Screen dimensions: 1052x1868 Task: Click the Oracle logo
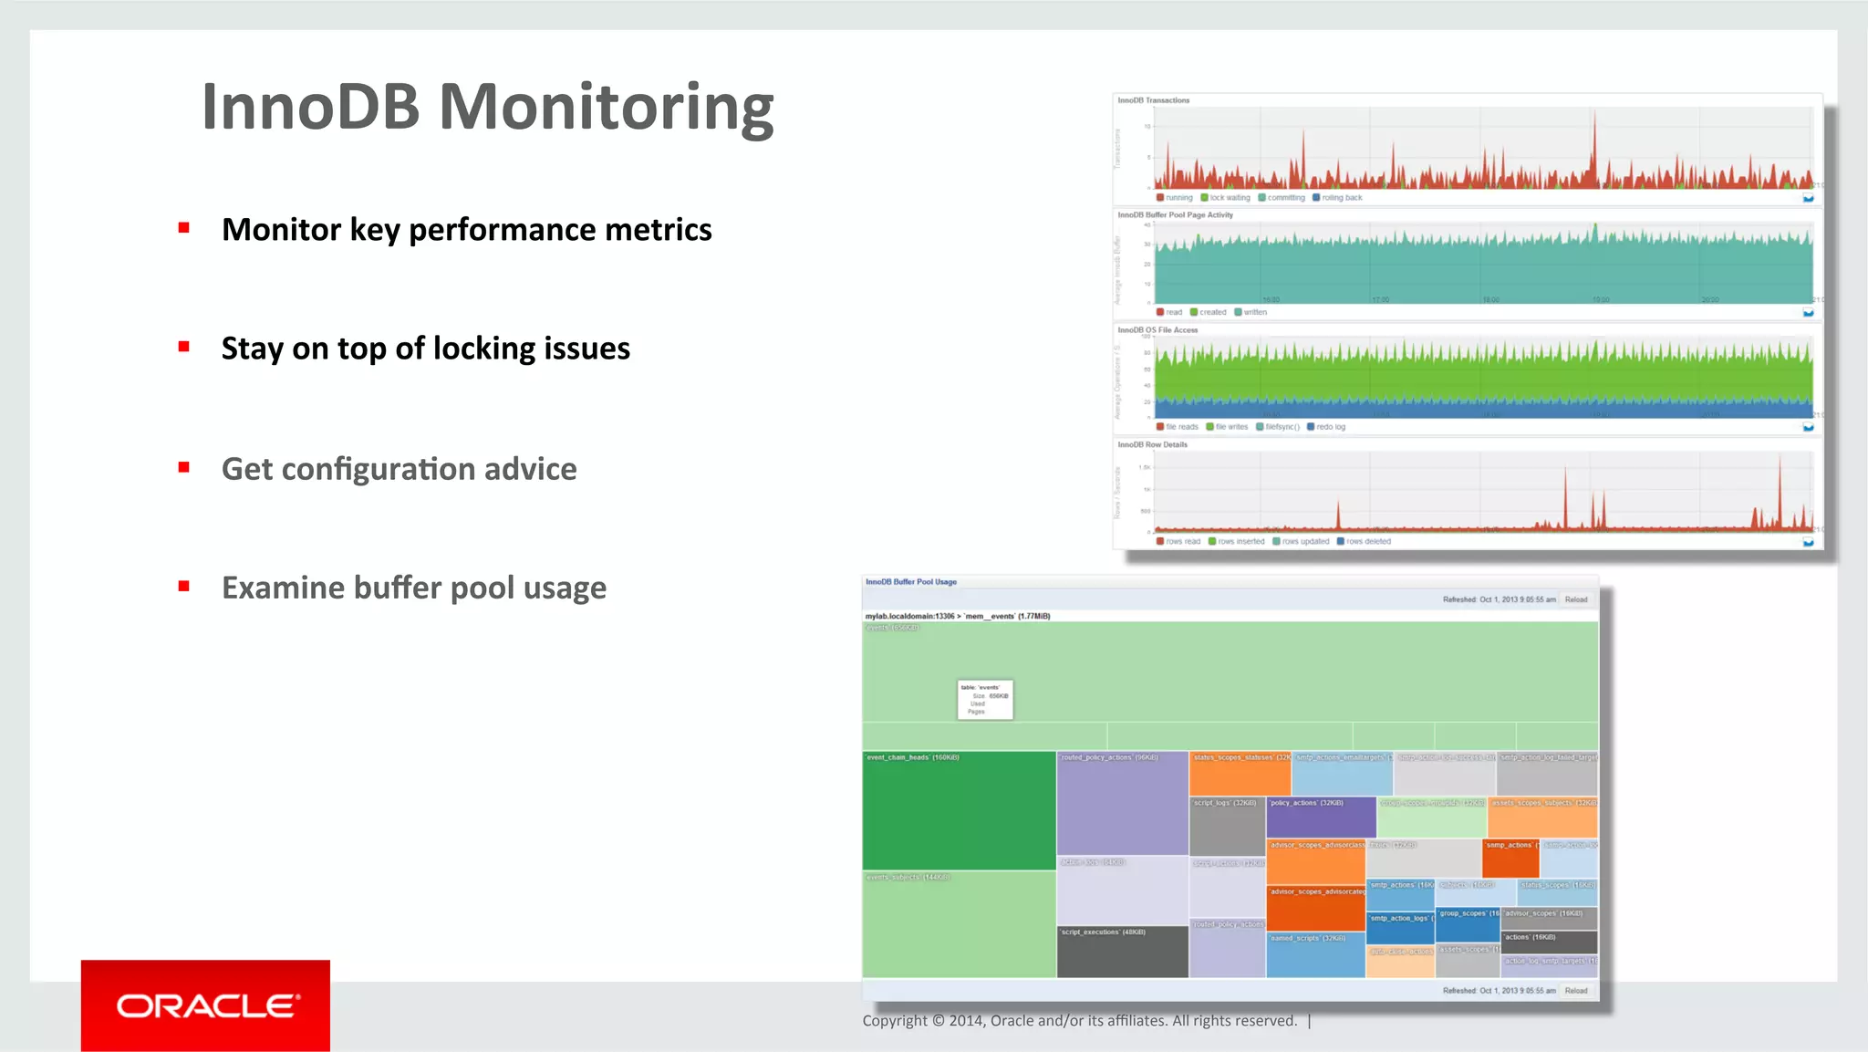click(205, 1005)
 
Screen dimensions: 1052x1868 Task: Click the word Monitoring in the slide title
click(607, 108)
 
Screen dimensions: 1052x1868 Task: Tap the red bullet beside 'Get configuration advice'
click(184, 467)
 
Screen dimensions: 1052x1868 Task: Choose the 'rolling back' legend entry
click(1341, 198)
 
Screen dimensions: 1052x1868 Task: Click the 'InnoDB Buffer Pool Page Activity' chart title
click(1175, 215)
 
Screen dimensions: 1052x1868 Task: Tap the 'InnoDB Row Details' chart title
click(1153, 445)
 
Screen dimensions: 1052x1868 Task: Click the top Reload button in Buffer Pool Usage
click(1576, 600)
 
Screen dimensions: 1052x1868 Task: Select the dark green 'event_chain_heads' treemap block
click(959, 812)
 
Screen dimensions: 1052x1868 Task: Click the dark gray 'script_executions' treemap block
click(1122, 953)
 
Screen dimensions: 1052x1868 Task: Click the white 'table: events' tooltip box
click(985, 700)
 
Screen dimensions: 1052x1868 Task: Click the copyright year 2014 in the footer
click(966, 1021)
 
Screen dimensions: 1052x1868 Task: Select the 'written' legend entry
click(1254, 313)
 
